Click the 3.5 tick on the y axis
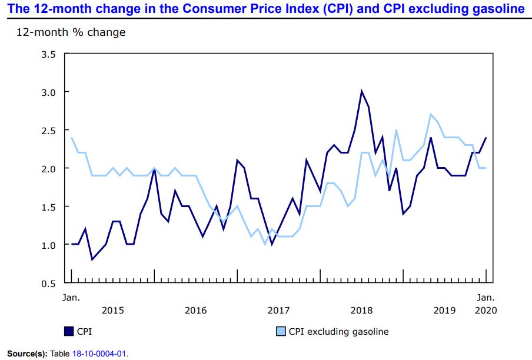pos(47,54)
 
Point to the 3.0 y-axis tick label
pos(47,92)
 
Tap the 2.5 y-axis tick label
pos(47,130)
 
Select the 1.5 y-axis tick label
pos(47,206)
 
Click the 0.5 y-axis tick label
pos(47,283)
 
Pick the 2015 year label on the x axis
pos(113,310)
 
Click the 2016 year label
pos(196,310)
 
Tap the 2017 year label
pos(279,310)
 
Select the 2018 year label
pos(362,310)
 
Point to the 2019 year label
pos(444,310)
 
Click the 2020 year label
pos(486,310)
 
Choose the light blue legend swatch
pos(281,332)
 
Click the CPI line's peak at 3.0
pos(362,92)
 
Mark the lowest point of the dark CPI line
pos(92,259)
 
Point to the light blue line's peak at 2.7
pos(431,115)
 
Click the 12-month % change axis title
pos(71,32)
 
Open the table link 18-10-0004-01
pos(99,354)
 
